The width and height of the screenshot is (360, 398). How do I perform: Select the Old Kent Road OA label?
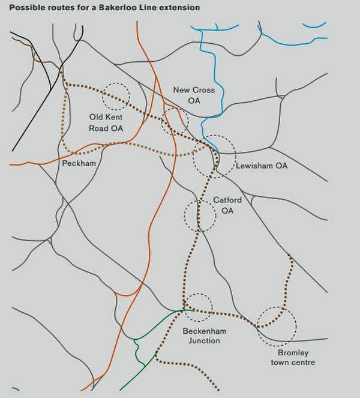106,122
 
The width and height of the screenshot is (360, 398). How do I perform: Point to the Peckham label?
79,163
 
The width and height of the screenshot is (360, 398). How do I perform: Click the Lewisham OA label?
262,166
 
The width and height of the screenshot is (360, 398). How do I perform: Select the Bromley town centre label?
292,357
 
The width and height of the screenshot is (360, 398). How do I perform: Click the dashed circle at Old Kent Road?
116,95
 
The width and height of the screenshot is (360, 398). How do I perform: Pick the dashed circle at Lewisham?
214,155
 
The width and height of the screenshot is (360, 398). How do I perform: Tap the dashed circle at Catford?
199,216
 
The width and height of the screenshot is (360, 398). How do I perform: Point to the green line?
140,348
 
